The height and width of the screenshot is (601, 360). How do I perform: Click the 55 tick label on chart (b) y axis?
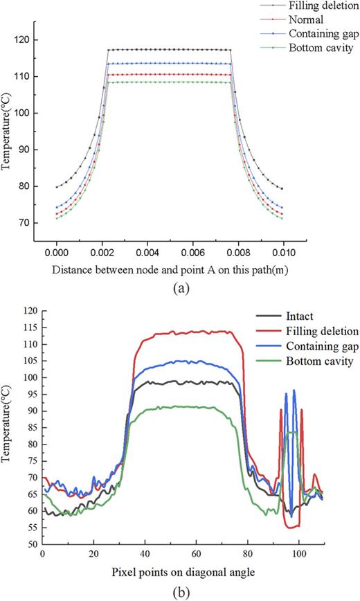30,528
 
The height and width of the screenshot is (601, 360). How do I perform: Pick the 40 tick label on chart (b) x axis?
145,555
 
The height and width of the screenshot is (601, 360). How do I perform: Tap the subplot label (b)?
181,592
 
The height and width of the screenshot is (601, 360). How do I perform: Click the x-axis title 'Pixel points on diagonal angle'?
182,573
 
